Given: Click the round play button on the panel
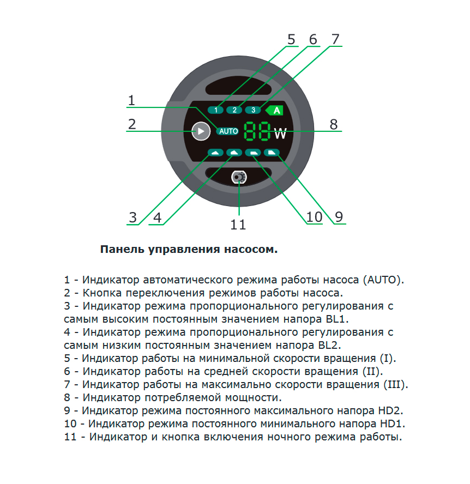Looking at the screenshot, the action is coord(201,131).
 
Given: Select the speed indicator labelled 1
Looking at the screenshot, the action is coord(215,110).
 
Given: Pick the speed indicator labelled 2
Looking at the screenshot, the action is coord(234,110).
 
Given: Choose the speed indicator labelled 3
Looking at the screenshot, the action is coord(253,110).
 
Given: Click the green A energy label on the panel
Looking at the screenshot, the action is coord(275,110).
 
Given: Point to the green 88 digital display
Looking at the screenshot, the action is coord(257,131).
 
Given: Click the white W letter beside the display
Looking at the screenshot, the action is coord(280,134).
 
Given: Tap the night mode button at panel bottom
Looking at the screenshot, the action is coord(239,177).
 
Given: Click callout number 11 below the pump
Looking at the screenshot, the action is coord(238,225).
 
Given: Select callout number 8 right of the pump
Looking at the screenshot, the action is coord(334,124).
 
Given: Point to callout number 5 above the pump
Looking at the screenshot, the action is coord(291,39).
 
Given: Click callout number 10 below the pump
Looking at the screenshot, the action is coord(314,217).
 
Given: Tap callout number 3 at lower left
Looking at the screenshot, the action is coord(133,217).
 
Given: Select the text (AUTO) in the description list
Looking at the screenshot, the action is coord(383,280).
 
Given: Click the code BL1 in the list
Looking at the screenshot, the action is coord(337,319).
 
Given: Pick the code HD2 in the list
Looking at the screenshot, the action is coord(390,410).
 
